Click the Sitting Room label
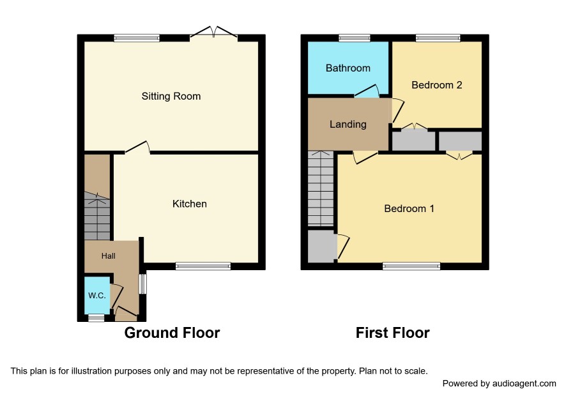[x=171, y=96]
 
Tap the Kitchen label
[x=190, y=204]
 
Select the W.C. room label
[x=97, y=296]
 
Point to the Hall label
[x=109, y=256]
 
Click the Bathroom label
[x=348, y=68]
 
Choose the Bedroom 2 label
[x=437, y=85]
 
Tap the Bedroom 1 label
[x=409, y=209]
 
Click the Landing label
[x=348, y=125]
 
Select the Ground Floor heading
[x=172, y=333]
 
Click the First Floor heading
[x=393, y=333]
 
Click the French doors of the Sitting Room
[x=214, y=33]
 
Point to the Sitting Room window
[x=137, y=38]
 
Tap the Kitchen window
[x=203, y=266]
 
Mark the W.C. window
[x=96, y=318]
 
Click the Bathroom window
[x=355, y=38]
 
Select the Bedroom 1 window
[x=411, y=266]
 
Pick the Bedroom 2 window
[x=438, y=38]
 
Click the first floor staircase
[x=321, y=188]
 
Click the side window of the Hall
[x=143, y=284]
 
